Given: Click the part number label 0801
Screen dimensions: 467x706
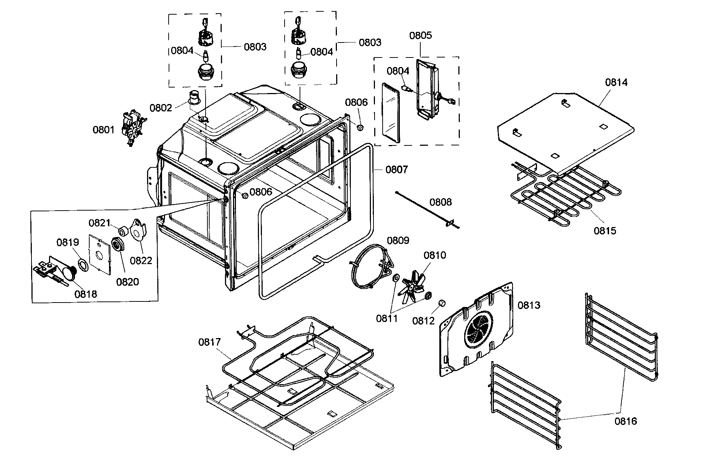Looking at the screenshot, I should pyautogui.click(x=103, y=130).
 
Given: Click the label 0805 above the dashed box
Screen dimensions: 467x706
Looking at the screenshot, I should pyautogui.click(x=420, y=36).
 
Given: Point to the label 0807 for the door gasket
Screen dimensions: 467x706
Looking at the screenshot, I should pyautogui.click(x=397, y=170).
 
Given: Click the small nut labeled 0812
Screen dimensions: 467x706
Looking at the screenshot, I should pyautogui.click(x=442, y=304).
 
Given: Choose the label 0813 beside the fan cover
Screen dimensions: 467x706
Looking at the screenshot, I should pyautogui.click(x=529, y=305).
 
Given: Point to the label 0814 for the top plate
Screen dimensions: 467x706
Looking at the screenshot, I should pyautogui.click(x=616, y=82).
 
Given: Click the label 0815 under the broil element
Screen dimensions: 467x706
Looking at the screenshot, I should pyautogui.click(x=605, y=231).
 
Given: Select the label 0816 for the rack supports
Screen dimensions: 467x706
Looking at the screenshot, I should pyautogui.click(x=626, y=421).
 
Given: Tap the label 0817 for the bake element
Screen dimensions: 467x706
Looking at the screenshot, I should pyautogui.click(x=209, y=342).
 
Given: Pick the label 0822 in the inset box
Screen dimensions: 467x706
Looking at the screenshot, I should pyautogui.click(x=141, y=260).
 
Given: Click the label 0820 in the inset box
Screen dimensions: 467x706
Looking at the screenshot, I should pyautogui.click(x=127, y=282).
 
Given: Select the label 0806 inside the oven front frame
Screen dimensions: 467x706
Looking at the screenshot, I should pyautogui.click(x=261, y=192).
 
